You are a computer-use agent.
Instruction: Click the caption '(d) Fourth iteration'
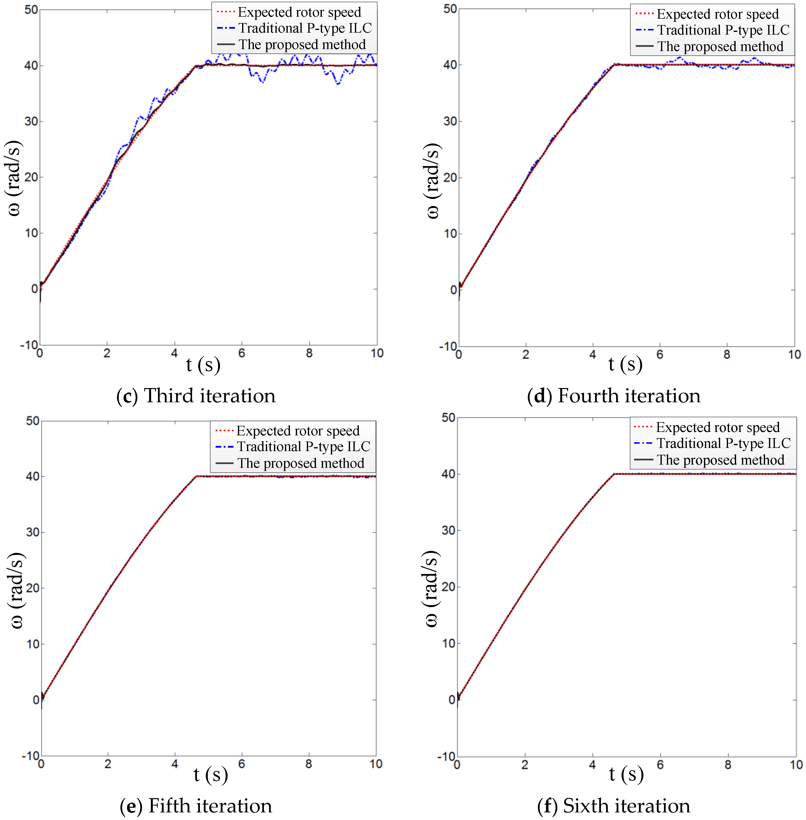point(614,396)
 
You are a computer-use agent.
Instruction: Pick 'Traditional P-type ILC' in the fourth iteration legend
point(723,30)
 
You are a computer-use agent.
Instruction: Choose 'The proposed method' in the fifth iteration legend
point(300,463)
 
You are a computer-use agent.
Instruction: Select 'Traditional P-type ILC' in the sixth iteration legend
point(723,443)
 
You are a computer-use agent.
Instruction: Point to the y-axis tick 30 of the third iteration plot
point(31,121)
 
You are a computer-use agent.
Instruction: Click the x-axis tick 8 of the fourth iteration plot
point(727,355)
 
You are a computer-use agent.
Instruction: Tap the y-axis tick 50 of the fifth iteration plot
point(33,421)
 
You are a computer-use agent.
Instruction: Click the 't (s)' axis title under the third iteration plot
point(203,365)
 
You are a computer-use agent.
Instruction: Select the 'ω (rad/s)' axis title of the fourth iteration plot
point(433,181)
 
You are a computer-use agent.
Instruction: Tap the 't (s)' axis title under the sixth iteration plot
point(626,774)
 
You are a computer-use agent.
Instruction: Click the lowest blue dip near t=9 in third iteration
point(338,84)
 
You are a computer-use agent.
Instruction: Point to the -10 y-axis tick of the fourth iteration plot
point(448,346)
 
